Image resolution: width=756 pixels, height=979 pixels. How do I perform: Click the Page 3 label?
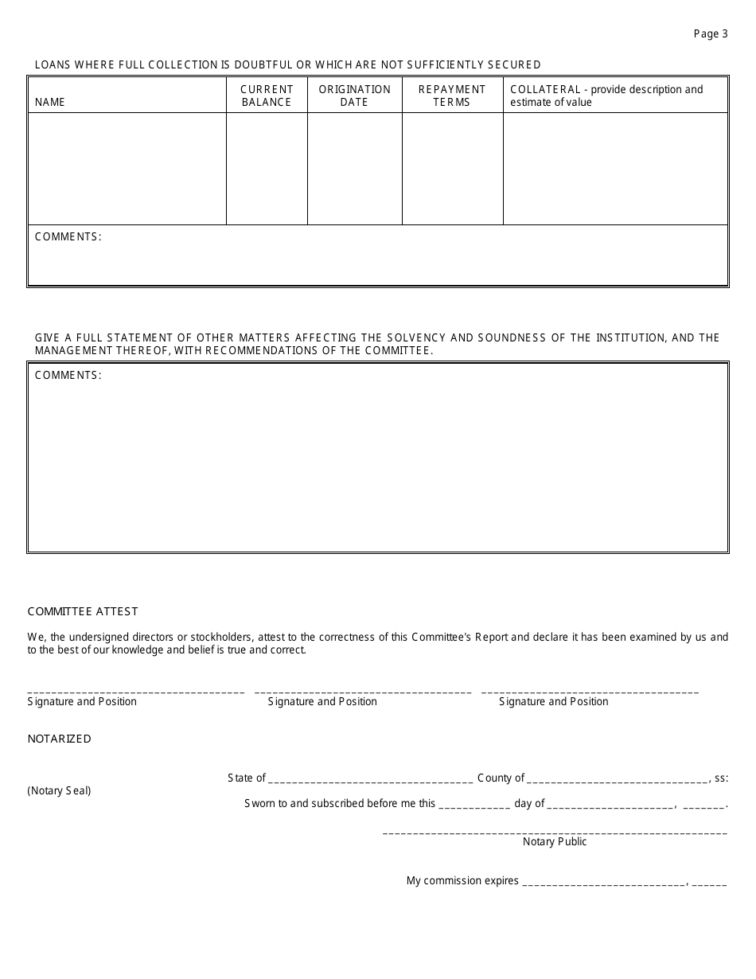(711, 33)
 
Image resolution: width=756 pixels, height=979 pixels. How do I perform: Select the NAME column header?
(50, 102)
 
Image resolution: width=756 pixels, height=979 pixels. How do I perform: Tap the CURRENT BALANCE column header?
(267, 96)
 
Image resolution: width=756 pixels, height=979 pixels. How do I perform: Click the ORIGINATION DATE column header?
(354, 96)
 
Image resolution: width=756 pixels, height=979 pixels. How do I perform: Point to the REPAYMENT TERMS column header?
(452, 96)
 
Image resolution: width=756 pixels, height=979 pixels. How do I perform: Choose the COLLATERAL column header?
(606, 96)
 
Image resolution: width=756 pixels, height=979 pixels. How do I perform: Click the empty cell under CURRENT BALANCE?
(267, 168)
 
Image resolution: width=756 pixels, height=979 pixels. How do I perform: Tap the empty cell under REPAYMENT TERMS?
(452, 168)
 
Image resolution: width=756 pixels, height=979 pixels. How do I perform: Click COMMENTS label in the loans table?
(68, 237)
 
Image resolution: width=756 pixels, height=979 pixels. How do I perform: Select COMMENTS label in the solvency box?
(68, 376)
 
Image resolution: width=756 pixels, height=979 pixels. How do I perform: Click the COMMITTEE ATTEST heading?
(83, 611)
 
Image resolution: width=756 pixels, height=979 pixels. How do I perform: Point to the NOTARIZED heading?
(60, 739)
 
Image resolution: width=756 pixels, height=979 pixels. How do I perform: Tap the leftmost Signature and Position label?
(82, 701)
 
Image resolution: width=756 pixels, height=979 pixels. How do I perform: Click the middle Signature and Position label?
(322, 701)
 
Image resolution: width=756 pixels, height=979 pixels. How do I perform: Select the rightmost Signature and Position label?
(554, 701)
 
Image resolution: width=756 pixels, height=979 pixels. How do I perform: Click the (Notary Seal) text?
(59, 790)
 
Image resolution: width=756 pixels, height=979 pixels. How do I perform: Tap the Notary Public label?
(555, 841)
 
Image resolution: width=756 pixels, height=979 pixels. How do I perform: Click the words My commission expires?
(462, 880)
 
